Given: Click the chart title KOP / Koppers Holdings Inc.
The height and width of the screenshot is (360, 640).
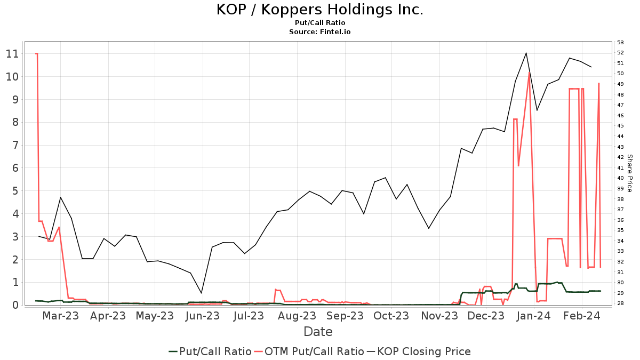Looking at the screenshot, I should tap(319, 10).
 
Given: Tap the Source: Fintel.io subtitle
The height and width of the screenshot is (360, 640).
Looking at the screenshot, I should tap(319, 32).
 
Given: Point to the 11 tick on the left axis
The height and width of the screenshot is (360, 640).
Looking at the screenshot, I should tap(12, 54).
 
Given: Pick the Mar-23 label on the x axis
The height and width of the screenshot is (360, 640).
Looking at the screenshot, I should tap(61, 316).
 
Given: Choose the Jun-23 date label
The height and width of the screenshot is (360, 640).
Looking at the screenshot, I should tap(202, 316).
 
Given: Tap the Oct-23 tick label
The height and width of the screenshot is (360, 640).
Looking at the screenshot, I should tap(391, 316).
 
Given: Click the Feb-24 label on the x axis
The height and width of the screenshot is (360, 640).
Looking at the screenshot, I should tap(582, 316).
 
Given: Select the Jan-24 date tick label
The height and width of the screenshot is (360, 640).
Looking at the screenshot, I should tap(534, 316).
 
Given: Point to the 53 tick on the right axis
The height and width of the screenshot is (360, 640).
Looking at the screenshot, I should tap(620, 42).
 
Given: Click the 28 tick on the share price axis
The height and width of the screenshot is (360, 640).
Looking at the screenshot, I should tap(620, 303).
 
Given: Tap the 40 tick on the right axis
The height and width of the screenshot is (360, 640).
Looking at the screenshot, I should tap(620, 178).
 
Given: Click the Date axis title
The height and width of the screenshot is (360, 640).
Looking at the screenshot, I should tap(318, 332).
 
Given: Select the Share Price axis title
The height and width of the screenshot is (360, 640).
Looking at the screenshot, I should tap(629, 173).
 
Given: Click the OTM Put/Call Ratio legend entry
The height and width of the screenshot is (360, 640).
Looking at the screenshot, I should tap(314, 351).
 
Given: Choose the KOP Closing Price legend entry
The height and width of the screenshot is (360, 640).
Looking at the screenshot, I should tap(424, 351).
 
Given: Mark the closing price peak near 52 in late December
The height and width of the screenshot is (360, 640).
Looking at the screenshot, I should tap(526, 53).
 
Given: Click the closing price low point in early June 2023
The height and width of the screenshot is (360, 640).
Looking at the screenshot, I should tap(201, 293).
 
